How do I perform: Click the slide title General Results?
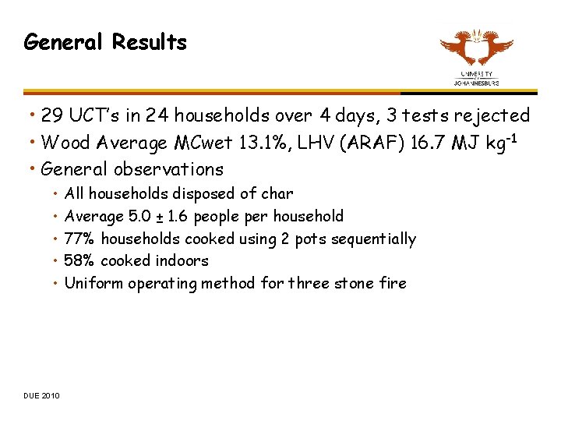[105, 42]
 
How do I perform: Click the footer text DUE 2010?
[41, 396]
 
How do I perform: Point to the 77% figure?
[79, 239]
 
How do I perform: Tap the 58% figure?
[79, 260]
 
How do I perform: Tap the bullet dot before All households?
[56, 193]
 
